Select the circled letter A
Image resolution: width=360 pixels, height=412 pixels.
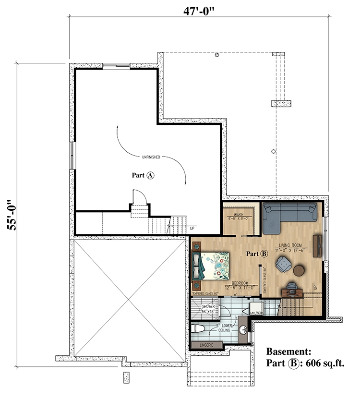(x=150, y=176)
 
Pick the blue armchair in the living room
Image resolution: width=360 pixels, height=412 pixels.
(x=283, y=265)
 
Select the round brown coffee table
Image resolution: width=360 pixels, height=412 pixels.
(x=300, y=270)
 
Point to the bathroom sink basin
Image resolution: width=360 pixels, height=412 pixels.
(x=244, y=330)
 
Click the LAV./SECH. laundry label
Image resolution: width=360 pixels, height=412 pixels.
(x=257, y=312)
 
